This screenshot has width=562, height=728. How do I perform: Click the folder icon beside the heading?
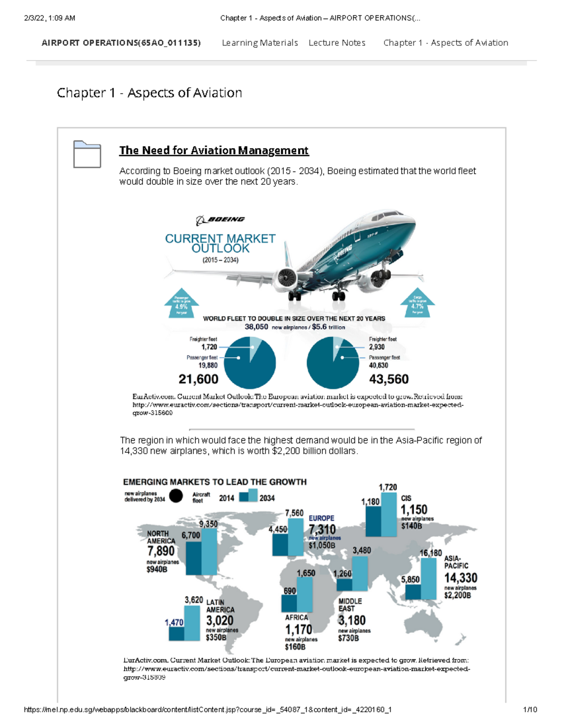tap(87, 154)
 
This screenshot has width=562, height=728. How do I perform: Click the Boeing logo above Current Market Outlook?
tap(220, 219)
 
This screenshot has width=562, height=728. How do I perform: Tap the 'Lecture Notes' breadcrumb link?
tap(337, 43)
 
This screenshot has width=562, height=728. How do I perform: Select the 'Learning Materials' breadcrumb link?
tap(259, 43)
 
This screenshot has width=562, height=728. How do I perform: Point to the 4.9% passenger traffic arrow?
tap(181, 304)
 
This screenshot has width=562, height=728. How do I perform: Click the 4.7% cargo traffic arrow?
tap(417, 303)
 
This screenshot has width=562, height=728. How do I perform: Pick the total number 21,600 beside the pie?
tap(198, 379)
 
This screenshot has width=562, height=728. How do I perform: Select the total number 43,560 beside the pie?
tap(389, 379)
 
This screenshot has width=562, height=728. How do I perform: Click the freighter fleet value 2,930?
tap(377, 347)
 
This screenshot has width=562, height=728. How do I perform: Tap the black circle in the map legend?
tap(176, 496)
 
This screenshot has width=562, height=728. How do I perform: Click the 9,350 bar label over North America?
tap(208, 524)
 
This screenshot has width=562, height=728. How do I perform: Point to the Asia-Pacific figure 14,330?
tap(460, 578)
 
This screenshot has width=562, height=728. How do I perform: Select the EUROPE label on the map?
tap(321, 518)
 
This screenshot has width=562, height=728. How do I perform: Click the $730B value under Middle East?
tap(348, 638)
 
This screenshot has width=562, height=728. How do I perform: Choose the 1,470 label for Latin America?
tap(174, 622)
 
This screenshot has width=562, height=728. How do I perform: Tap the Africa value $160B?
tap(295, 646)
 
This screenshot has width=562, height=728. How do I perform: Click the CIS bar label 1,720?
tap(388, 487)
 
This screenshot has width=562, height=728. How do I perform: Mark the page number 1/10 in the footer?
tap(530, 709)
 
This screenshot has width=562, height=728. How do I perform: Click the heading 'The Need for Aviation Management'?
tap(214, 150)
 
